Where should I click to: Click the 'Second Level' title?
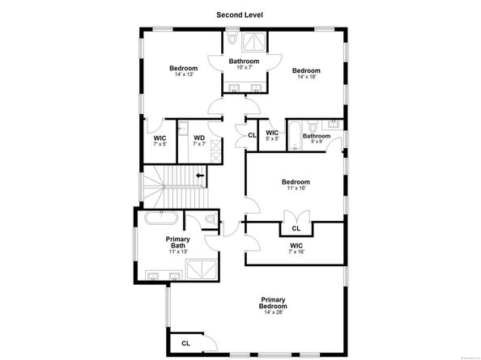pyautogui.click(x=240, y=15)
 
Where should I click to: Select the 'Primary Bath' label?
pyautogui.click(x=177, y=242)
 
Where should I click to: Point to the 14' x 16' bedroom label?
pyautogui.click(x=306, y=74)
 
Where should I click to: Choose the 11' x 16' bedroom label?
pyautogui.click(x=296, y=185)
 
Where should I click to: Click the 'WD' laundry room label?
pyautogui.click(x=198, y=139)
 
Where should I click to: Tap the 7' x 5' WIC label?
pyautogui.click(x=160, y=141)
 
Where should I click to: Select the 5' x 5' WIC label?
pyautogui.click(x=272, y=136)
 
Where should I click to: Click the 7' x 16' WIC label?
pyautogui.click(x=296, y=249)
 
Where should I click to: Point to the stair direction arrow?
pyautogui.click(x=200, y=173)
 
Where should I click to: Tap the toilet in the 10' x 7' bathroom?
pyautogui.click(x=233, y=38)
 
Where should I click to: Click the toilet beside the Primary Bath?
pyautogui.click(x=210, y=219)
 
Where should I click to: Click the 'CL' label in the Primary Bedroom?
pyautogui.click(x=185, y=343)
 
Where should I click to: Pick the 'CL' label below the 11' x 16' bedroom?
pyautogui.click(x=296, y=229)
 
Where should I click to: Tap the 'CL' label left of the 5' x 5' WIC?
pyautogui.click(x=252, y=135)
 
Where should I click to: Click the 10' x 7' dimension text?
pyautogui.click(x=243, y=67)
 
